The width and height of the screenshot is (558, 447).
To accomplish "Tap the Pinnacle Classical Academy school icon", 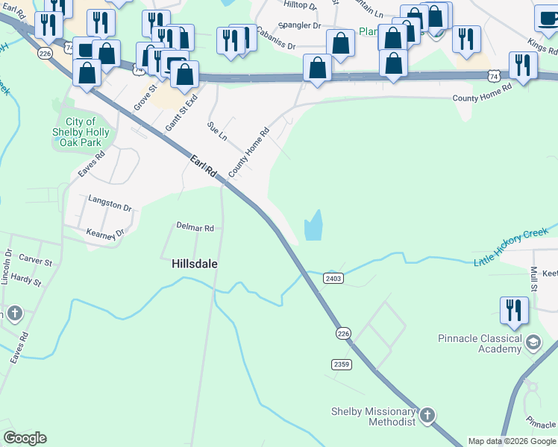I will click(533, 343).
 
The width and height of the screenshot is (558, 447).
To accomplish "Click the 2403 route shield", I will click(333, 278).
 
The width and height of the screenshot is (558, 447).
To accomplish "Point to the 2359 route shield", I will click(341, 364).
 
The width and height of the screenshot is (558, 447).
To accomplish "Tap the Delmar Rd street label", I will click(195, 227).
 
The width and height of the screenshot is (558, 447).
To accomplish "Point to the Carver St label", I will click(35, 261).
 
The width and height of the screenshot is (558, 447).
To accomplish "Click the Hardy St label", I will click(26, 280).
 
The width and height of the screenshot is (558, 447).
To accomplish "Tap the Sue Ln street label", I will click(217, 132).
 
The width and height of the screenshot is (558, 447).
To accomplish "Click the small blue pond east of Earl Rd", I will click(313, 226).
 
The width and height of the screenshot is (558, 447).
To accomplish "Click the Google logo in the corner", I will click(25, 438).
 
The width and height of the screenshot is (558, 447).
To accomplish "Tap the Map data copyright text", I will click(512, 441).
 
